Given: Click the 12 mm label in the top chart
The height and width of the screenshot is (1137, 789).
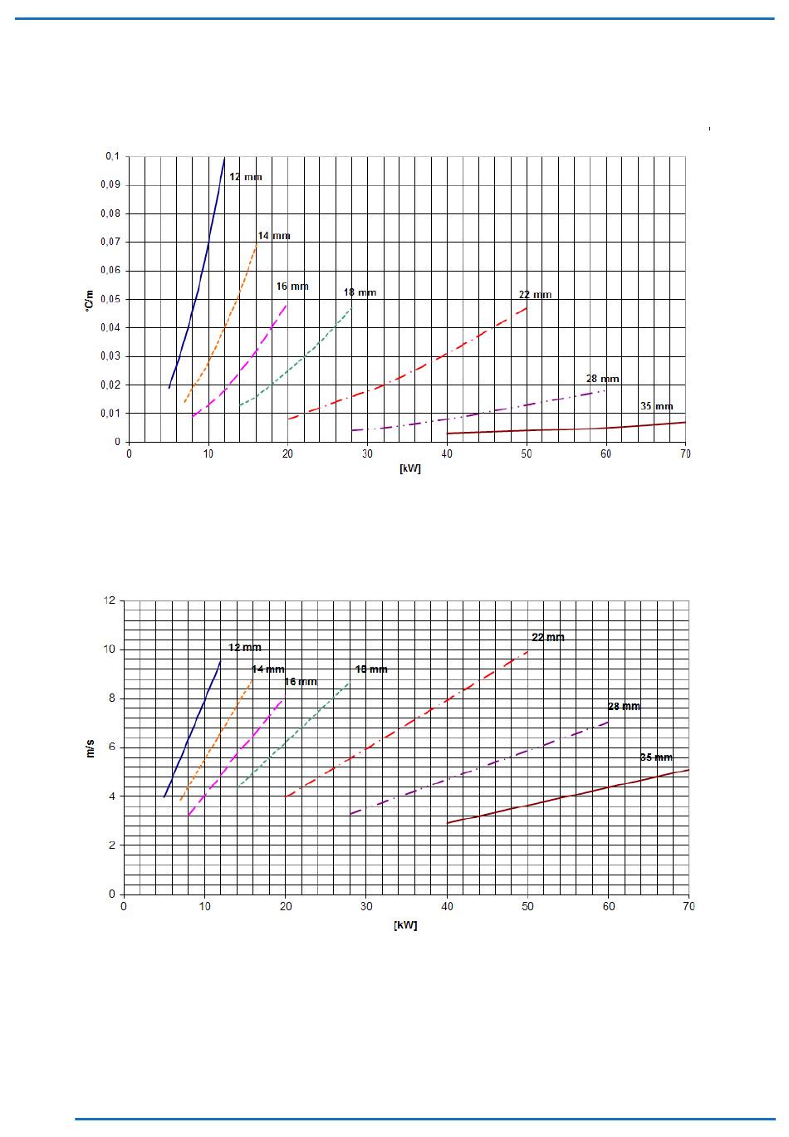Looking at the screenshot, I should click(x=245, y=177).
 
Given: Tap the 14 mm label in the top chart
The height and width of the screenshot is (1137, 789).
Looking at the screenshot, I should click(x=274, y=236).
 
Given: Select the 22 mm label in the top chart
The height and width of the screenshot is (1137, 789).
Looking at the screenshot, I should click(x=535, y=295).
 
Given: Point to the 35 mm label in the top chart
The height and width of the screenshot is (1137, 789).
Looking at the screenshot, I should click(x=656, y=406).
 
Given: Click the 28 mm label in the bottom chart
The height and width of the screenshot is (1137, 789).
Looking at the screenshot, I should click(x=624, y=707).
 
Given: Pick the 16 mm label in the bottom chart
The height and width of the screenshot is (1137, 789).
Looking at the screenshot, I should click(x=301, y=682).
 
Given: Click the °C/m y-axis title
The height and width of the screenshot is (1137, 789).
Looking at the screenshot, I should click(x=89, y=303).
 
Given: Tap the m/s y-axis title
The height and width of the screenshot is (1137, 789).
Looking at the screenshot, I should click(x=91, y=747).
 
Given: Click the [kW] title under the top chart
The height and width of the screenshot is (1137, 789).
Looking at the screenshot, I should click(x=409, y=468).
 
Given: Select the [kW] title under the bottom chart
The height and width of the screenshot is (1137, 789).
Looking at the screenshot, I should click(x=405, y=925).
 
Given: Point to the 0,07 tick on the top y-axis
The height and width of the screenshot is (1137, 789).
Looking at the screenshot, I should click(x=111, y=242).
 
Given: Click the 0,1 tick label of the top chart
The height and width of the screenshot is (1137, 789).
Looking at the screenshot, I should click(x=112, y=156).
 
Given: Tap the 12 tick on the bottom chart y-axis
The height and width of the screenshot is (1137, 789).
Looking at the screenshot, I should click(x=110, y=600).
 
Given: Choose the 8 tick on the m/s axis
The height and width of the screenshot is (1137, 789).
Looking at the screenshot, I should click(x=112, y=698).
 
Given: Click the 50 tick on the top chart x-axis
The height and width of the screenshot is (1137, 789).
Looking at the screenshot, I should click(x=526, y=453).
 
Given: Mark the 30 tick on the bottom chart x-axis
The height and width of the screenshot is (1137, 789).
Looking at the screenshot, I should click(x=366, y=906).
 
